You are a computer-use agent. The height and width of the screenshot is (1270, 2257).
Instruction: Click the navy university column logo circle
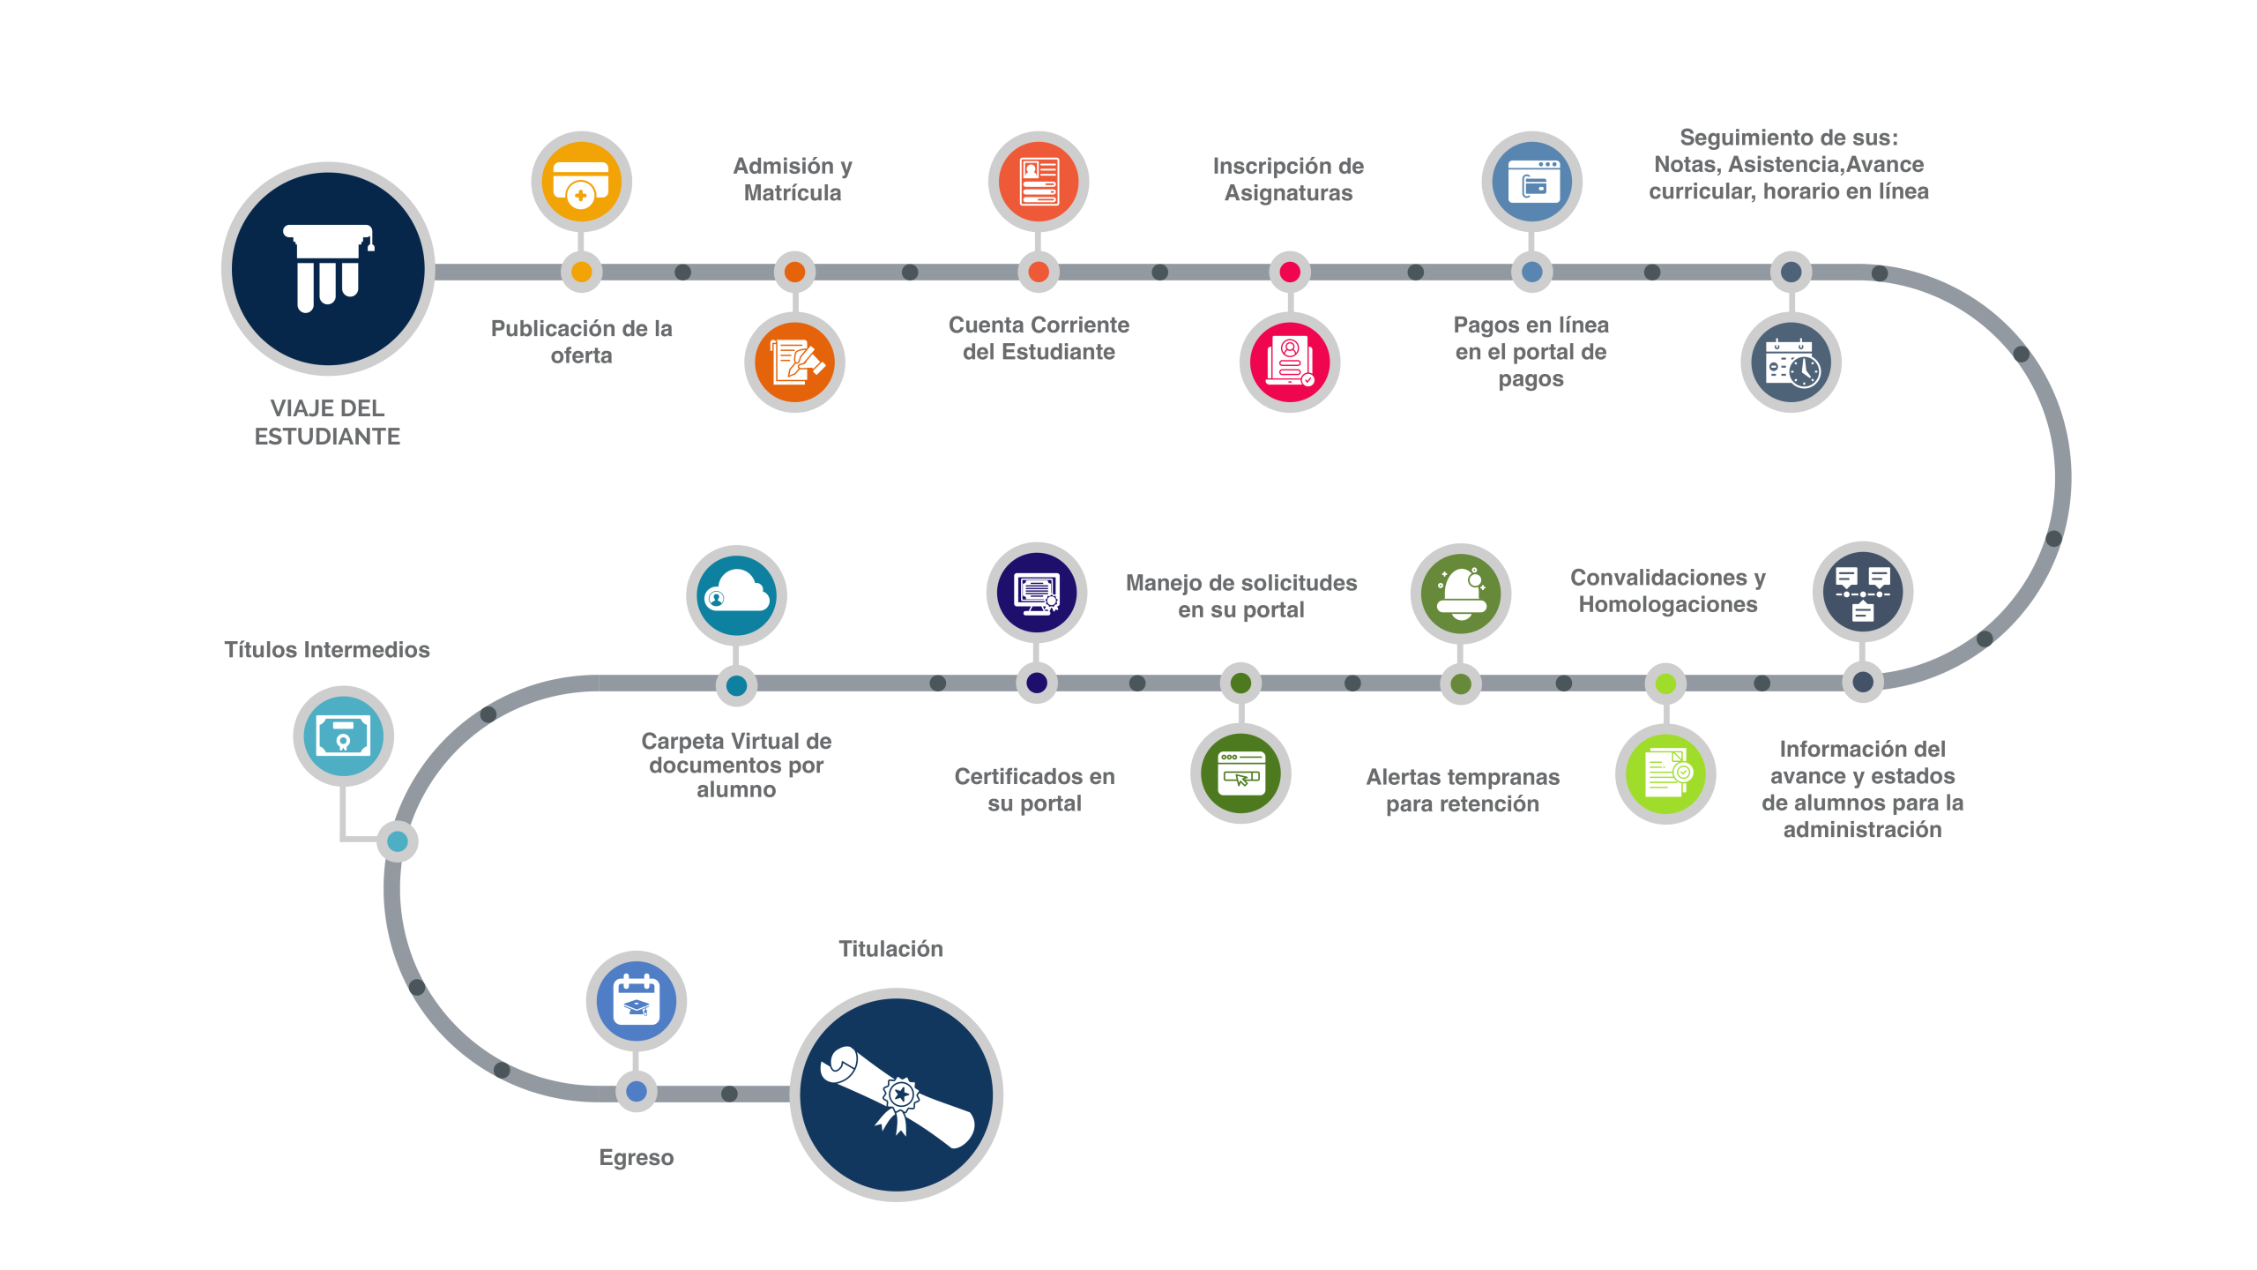[x=327, y=269]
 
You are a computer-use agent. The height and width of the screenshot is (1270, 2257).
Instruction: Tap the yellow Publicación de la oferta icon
[x=581, y=182]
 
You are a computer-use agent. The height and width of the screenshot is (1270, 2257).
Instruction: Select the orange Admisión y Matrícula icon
[x=794, y=362]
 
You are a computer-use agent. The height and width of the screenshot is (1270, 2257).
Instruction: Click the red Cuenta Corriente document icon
[x=1038, y=182]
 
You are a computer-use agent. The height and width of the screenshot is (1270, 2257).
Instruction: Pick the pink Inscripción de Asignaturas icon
[x=1289, y=362]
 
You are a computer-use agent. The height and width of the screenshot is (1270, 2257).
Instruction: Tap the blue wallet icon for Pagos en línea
[x=1531, y=182]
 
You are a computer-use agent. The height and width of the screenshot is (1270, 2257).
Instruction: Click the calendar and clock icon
[x=1791, y=362]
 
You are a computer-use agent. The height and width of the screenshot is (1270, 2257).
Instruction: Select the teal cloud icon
[x=736, y=594]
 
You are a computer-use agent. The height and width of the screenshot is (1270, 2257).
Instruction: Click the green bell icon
[x=1461, y=594]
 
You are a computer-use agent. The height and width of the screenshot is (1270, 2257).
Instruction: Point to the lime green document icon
[x=1665, y=773]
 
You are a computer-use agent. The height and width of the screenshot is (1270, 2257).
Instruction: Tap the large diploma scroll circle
[x=897, y=1094]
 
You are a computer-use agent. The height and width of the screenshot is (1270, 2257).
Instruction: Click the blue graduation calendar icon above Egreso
[x=636, y=1000]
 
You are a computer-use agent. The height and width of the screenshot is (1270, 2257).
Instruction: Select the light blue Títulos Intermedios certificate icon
[x=343, y=736]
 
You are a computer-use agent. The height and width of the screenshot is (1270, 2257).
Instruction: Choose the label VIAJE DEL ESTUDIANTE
[x=327, y=422]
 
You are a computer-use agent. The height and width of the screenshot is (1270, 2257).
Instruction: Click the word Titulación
[x=890, y=949]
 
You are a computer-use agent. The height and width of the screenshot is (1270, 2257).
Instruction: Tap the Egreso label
[x=636, y=1157]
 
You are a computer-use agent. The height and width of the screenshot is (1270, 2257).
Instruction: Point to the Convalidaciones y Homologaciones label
[x=1667, y=591]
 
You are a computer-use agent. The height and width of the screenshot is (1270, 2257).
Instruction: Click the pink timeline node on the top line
[x=1289, y=272]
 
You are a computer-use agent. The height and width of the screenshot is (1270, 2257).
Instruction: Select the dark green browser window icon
[x=1240, y=773]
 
